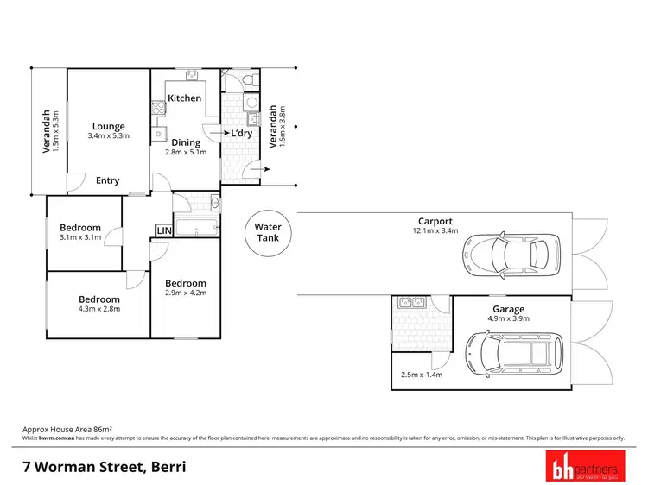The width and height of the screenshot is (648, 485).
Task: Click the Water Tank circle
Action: (x=268, y=233)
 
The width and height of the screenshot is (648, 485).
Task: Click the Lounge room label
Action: (x=109, y=127)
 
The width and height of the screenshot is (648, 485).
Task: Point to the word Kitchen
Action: (x=184, y=98)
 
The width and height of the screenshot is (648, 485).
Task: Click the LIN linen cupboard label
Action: (x=162, y=230)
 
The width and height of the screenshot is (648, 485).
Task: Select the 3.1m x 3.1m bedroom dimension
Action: (x=80, y=237)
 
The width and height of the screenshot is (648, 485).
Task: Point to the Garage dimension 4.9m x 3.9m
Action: (x=508, y=319)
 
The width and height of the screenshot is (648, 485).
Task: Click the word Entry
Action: (x=108, y=180)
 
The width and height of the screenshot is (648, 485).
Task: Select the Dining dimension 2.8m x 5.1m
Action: (x=186, y=153)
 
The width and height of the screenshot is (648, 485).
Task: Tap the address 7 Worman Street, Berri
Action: (x=104, y=468)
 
